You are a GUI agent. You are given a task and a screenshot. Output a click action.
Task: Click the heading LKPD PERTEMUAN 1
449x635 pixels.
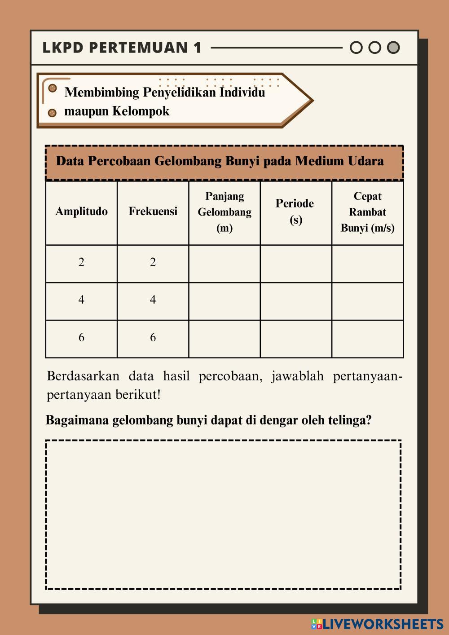click(122, 48)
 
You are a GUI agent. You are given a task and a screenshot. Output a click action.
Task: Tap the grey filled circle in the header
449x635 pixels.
click(393, 48)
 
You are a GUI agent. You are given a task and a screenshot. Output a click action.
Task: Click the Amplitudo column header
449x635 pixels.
click(81, 212)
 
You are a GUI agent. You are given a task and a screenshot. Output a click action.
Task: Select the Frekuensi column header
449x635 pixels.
click(153, 212)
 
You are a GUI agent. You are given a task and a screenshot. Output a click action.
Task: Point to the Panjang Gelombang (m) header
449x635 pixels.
click(224, 212)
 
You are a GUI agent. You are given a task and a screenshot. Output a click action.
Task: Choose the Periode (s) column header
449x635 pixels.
click(295, 212)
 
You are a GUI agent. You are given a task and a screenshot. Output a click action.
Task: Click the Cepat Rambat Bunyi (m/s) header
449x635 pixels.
click(367, 212)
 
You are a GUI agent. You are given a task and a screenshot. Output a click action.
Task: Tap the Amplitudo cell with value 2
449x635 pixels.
click(81, 263)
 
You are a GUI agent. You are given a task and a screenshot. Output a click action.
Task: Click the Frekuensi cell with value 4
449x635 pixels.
click(153, 300)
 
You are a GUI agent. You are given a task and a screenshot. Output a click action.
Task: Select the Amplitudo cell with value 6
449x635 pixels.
click(81, 338)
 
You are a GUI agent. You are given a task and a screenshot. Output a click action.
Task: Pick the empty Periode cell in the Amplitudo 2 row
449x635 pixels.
click(296, 264)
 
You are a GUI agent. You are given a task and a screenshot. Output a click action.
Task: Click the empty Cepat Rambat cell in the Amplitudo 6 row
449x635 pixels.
click(367, 339)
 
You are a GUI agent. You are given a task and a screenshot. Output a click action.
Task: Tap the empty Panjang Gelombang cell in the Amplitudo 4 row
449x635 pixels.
click(224, 301)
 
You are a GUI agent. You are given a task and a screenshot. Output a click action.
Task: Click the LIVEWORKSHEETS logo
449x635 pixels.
click(378, 624)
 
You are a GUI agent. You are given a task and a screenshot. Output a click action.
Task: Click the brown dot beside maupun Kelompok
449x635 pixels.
click(52, 112)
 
